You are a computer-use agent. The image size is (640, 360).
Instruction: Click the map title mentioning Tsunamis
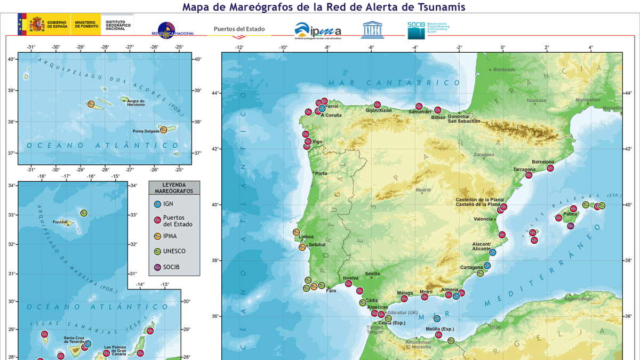click(324, 7)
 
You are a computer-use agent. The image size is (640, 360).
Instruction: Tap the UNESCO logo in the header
click(372, 30)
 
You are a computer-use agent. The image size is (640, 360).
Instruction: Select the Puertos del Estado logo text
click(239, 29)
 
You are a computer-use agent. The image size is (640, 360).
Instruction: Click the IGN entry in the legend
click(168, 204)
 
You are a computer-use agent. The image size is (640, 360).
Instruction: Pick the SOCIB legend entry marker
click(157, 268)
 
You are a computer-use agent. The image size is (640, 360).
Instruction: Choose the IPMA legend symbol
click(157, 236)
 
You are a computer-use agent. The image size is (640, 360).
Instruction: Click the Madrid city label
click(423, 190)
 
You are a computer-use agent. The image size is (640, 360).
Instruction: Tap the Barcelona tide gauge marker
click(550, 168)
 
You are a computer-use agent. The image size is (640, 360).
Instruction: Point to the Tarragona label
click(524, 169)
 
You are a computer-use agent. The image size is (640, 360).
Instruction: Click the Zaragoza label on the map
click(483, 155)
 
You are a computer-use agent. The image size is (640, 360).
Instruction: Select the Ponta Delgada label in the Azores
click(146, 131)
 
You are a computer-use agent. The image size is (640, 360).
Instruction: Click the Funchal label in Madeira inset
click(60, 222)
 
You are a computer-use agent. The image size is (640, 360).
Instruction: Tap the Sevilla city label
click(372, 274)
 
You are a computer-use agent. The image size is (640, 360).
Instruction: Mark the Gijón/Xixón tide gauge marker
click(377, 105)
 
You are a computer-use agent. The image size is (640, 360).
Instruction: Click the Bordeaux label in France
click(504, 69)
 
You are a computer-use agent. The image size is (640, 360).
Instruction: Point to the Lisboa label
click(306, 237)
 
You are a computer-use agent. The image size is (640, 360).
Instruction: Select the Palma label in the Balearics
click(570, 214)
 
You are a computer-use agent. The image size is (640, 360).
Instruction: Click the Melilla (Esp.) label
click(440, 329)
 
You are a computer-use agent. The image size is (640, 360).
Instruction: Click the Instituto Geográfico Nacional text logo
click(118, 25)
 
